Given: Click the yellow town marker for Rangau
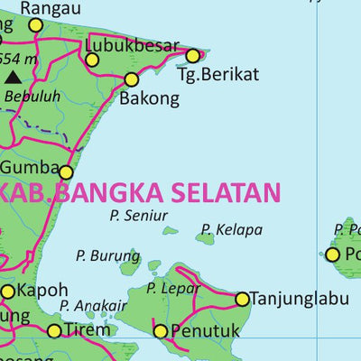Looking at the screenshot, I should tap(35, 25).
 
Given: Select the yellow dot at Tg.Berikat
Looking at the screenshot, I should tap(193, 55).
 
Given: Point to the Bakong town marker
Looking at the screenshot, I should tap(132, 79).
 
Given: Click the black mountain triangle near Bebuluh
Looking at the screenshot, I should tap(13, 78).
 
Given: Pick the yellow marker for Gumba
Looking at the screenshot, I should tap(66, 171).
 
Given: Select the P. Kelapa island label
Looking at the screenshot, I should tap(232, 229).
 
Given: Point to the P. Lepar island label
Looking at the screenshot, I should tap(174, 288).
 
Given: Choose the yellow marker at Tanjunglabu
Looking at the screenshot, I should tap(242, 299).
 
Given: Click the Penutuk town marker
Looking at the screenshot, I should tap(161, 331).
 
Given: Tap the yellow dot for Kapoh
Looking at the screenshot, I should tap(8, 291).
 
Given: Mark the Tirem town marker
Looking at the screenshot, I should tap(54, 331).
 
